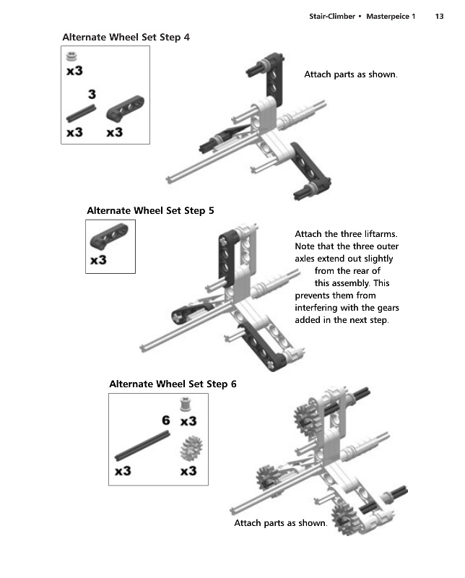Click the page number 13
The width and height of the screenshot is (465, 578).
pyautogui.click(x=439, y=16)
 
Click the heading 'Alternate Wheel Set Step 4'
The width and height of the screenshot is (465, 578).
pyautogui.click(x=126, y=38)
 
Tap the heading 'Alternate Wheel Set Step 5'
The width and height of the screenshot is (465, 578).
pyautogui.click(x=150, y=210)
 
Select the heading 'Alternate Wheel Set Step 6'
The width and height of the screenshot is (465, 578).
pyautogui.click(x=173, y=384)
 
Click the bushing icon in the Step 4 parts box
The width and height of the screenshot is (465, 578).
pyautogui.click(x=71, y=56)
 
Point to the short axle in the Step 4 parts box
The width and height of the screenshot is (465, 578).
pyautogui.click(x=81, y=113)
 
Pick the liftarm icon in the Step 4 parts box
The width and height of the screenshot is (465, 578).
pyautogui.click(x=126, y=108)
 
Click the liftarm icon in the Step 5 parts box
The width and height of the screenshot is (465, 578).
pyautogui.click(x=109, y=236)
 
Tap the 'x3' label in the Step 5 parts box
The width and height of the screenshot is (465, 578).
pyautogui.click(x=98, y=260)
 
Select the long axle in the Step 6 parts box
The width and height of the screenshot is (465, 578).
pyautogui.click(x=142, y=446)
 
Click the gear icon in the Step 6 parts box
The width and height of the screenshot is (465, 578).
pyautogui.click(x=191, y=448)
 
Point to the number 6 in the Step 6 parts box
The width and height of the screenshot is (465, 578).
pyautogui.click(x=166, y=420)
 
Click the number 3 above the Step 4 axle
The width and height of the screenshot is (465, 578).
pyautogui.click(x=92, y=95)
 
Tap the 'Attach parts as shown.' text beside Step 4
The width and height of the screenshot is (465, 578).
pyautogui.click(x=351, y=74)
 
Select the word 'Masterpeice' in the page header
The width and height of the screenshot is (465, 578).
pyautogui.click(x=388, y=16)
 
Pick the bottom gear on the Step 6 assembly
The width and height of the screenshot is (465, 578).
pyautogui.click(x=344, y=519)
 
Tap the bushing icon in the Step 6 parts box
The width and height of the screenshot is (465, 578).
pyautogui.click(x=186, y=405)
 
